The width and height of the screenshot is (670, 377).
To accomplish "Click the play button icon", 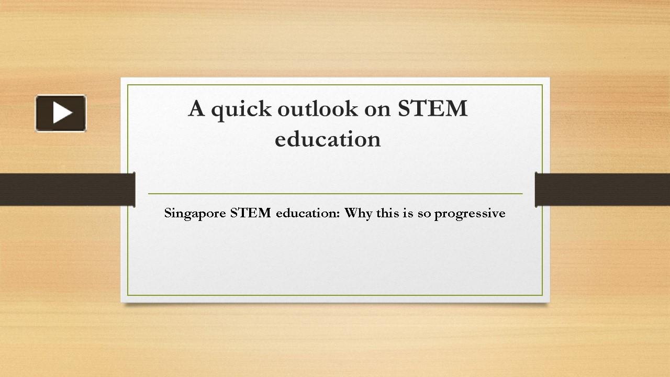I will point(61,113).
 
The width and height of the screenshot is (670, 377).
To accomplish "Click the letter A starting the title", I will point(196,109).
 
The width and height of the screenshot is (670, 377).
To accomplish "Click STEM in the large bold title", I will point(432,109).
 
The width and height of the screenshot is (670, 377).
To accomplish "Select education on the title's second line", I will point(328,139).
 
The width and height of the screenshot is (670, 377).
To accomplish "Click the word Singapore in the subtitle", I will point(195,214).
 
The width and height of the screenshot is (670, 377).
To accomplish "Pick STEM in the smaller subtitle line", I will point(251,213).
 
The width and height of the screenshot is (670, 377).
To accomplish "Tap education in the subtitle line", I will point(307,213).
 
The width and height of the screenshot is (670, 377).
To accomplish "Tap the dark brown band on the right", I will point(602,189).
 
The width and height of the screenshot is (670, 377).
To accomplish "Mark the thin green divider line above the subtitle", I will point(335,194).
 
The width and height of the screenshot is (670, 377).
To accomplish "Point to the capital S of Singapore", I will point(168,213).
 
